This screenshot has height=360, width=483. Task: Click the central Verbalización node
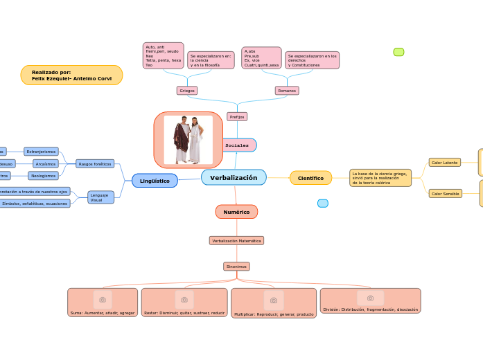(x=234, y=178)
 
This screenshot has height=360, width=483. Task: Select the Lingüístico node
(x=155, y=181)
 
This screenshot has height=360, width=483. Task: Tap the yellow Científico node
(x=310, y=178)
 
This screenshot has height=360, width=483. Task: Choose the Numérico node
(x=236, y=212)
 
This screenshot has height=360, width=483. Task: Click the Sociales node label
(x=237, y=145)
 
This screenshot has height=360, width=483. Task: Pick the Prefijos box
(x=237, y=116)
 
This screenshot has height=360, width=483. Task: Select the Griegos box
(x=187, y=91)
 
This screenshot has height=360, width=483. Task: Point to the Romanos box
(x=287, y=91)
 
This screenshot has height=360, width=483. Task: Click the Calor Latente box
(x=444, y=162)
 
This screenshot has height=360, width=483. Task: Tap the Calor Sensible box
(x=445, y=194)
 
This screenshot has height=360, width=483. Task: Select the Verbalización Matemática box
(x=236, y=241)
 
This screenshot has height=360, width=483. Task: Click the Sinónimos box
(x=236, y=267)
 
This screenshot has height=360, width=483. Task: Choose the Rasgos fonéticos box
(x=95, y=164)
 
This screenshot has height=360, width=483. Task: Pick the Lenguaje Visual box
(x=100, y=197)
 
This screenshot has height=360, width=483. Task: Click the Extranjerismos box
(x=41, y=151)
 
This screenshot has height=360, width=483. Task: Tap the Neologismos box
(x=43, y=176)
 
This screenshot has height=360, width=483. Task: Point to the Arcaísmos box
(x=45, y=164)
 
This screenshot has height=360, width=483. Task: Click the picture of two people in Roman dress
(x=188, y=140)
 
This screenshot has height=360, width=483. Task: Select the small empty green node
(x=398, y=52)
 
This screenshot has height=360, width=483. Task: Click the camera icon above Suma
(x=103, y=300)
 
